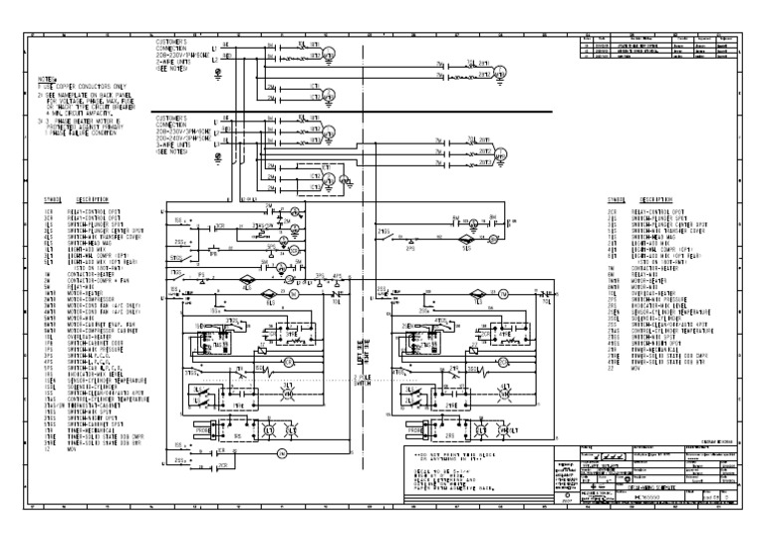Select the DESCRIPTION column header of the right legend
coord(657,199)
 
